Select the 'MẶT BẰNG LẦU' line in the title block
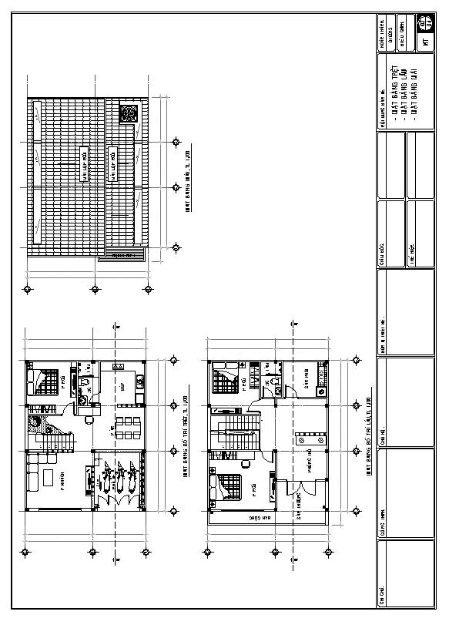pos(404,89)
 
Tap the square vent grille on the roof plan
pos(129,113)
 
